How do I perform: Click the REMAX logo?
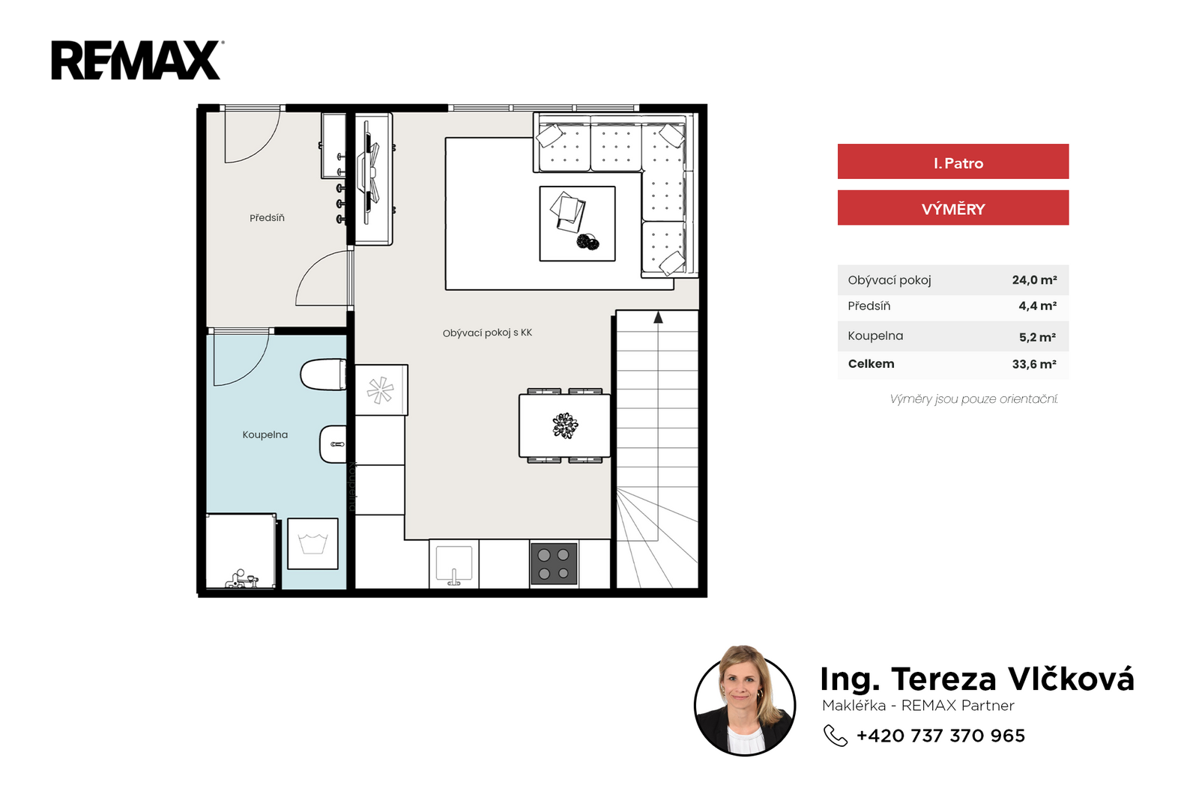click(137, 61)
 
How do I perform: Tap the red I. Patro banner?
click(952, 162)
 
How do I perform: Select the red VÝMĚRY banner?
click(952, 207)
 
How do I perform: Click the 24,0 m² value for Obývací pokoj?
click(1034, 279)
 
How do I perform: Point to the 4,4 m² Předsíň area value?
click(1037, 306)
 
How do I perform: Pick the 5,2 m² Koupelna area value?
click(1037, 337)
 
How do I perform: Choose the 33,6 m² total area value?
click(1034, 364)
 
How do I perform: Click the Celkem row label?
click(871, 364)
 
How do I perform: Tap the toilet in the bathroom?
click(323, 375)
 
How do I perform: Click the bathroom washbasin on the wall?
click(333, 444)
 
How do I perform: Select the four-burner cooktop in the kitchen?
click(554, 563)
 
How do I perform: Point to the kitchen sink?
click(454, 564)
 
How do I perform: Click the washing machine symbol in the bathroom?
click(312, 544)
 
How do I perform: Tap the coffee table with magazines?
click(577, 223)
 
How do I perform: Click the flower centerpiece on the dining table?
click(565, 425)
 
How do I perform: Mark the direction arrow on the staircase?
click(658, 317)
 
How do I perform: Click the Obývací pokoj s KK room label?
click(487, 333)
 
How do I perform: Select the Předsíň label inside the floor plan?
click(267, 218)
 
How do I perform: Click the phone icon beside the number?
click(835, 736)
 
